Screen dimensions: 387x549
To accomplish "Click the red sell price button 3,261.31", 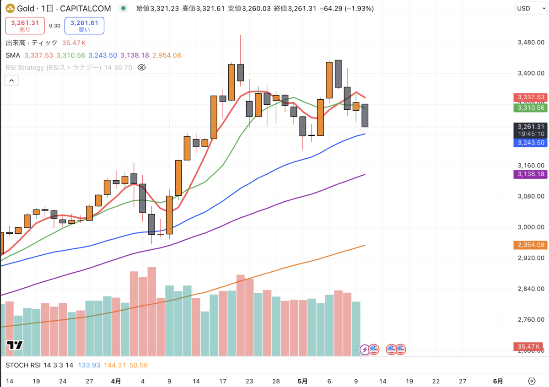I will coord(25,26).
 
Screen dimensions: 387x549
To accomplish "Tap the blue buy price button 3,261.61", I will coord(84,26).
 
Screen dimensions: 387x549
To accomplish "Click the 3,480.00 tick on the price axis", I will coord(531,43).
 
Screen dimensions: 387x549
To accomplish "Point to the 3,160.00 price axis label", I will coord(531,166).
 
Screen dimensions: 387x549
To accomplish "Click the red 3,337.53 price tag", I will coord(531,97).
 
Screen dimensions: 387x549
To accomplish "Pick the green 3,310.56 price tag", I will coord(531,107).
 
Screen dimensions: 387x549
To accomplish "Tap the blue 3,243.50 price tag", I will coord(531,143).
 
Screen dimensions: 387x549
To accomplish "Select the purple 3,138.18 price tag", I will coord(531,174).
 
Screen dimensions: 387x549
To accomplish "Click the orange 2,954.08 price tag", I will coord(531,245).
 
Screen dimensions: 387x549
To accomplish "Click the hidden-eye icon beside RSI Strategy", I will coord(141,68).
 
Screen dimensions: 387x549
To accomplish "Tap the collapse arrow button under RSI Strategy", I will coord(11,81).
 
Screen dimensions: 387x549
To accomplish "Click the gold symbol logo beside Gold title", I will coord(9,8).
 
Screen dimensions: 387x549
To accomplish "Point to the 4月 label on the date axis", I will coord(116,381).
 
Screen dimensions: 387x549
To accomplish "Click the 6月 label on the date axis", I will coord(498,381).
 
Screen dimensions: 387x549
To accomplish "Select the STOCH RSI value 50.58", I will coord(138,365).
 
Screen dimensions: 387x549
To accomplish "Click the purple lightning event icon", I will coord(365,349).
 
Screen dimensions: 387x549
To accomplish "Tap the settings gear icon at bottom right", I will coord(531,381).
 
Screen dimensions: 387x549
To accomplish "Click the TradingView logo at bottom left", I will coord(15,346).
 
